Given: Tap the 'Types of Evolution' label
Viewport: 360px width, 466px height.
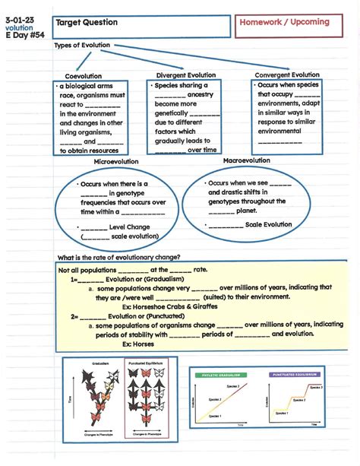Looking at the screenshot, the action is pyautogui.click(x=82, y=46).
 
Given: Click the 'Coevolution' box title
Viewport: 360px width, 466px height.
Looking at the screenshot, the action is pyautogui.click(x=84, y=77).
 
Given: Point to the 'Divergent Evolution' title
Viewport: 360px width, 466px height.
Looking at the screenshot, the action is pyautogui.click(x=186, y=76).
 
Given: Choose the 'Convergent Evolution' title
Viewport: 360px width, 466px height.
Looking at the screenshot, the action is pyautogui.click(x=287, y=75).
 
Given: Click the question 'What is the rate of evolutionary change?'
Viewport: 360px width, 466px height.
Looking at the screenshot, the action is pyautogui.click(x=118, y=257).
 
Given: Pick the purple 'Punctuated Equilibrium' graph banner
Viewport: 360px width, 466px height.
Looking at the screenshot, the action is pyautogui.click(x=294, y=375).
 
